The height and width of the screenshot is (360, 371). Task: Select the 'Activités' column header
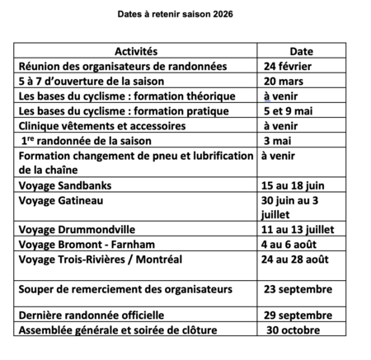click(x=136, y=52)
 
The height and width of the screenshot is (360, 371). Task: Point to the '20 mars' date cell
click(x=284, y=82)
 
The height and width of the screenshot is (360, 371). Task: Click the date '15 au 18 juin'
click(x=292, y=185)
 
